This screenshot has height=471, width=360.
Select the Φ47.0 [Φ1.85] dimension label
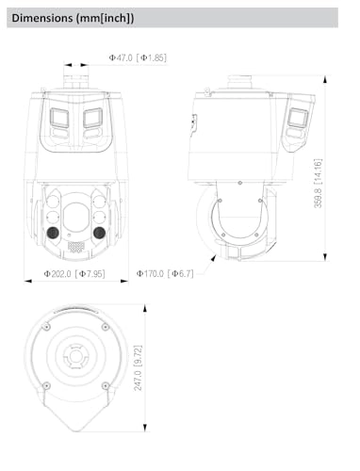pyautogui.click(x=138, y=57)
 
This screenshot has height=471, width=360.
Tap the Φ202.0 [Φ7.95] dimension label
pyautogui.click(x=73, y=274)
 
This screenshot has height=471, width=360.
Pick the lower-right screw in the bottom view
pyautogui.click(x=103, y=385)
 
